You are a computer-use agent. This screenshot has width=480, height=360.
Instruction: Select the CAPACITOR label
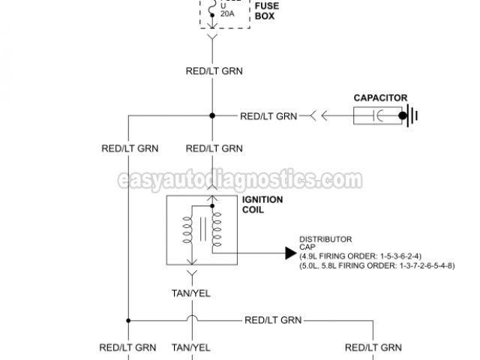tap(380, 97)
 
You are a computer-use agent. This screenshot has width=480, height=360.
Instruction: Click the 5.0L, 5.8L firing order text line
tap(376, 265)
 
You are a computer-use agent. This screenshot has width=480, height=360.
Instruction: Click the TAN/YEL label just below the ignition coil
tap(191, 292)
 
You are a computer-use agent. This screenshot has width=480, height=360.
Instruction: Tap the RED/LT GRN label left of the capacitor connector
tap(268, 116)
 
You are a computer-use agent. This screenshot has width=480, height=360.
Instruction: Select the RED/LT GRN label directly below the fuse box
tap(214, 72)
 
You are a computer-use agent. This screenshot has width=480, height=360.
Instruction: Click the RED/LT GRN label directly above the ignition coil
tap(214, 148)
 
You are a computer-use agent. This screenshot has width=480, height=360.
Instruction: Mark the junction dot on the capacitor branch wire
tap(213, 116)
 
